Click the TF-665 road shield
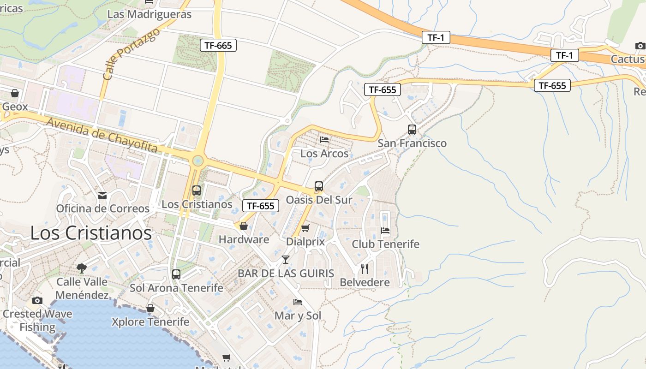(x=218, y=45)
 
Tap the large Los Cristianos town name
(x=91, y=233)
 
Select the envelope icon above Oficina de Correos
(x=102, y=196)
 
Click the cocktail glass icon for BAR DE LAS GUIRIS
(x=286, y=260)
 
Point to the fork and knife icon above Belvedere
(x=365, y=268)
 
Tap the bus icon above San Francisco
(x=412, y=130)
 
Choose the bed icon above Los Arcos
(x=324, y=139)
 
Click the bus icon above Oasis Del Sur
(x=318, y=186)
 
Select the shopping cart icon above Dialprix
(x=305, y=228)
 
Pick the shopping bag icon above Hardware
(x=243, y=226)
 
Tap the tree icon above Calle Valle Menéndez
(x=82, y=268)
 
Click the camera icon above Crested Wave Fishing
(x=37, y=300)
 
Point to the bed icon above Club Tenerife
(x=385, y=230)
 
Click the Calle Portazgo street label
(x=131, y=54)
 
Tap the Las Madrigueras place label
(x=149, y=14)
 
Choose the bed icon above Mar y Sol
(x=298, y=302)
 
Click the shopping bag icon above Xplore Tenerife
(x=150, y=308)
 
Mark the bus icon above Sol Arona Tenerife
(x=176, y=274)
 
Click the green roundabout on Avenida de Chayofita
(x=197, y=161)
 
